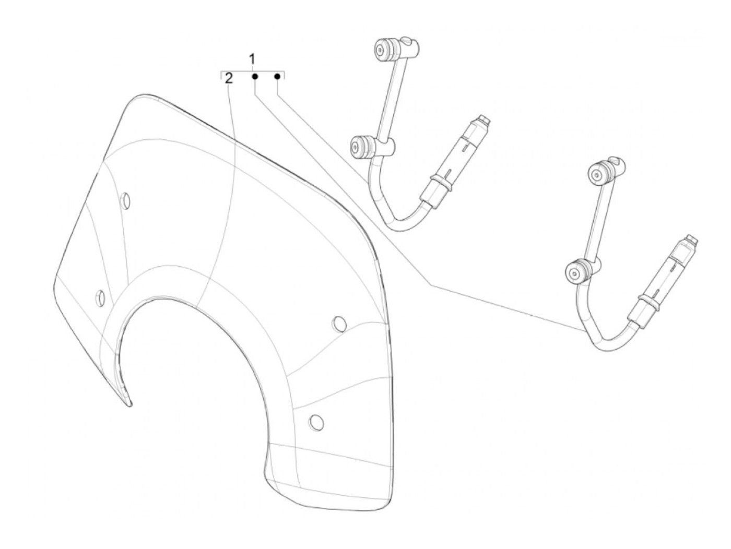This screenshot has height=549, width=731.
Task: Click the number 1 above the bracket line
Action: pos(252,58)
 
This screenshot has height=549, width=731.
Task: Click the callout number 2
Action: pos(229,79)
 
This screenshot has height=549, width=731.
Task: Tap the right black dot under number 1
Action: pos(278,77)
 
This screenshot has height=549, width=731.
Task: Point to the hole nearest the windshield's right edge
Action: pos(339,324)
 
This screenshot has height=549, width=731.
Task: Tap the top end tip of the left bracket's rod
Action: pos(485,120)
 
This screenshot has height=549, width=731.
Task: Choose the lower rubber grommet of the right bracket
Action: pos(577,271)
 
